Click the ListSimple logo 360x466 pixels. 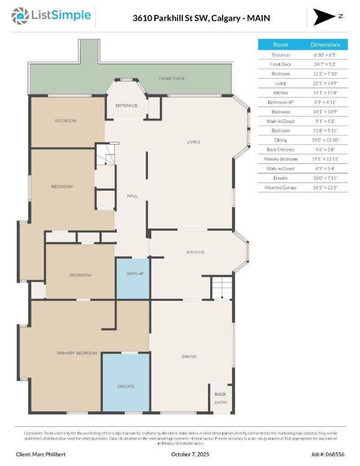55,14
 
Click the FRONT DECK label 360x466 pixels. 171,79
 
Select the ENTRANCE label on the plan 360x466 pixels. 127,106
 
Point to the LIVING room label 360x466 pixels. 193,142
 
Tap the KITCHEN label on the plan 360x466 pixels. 196,252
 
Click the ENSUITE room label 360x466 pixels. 126,386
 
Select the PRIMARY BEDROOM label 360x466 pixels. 77,353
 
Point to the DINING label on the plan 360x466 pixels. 189,357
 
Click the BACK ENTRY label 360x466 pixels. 221,398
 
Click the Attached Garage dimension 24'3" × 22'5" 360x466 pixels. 325,187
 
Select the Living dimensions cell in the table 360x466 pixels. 325,83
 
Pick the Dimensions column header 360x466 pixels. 325,44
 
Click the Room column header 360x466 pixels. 281,44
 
